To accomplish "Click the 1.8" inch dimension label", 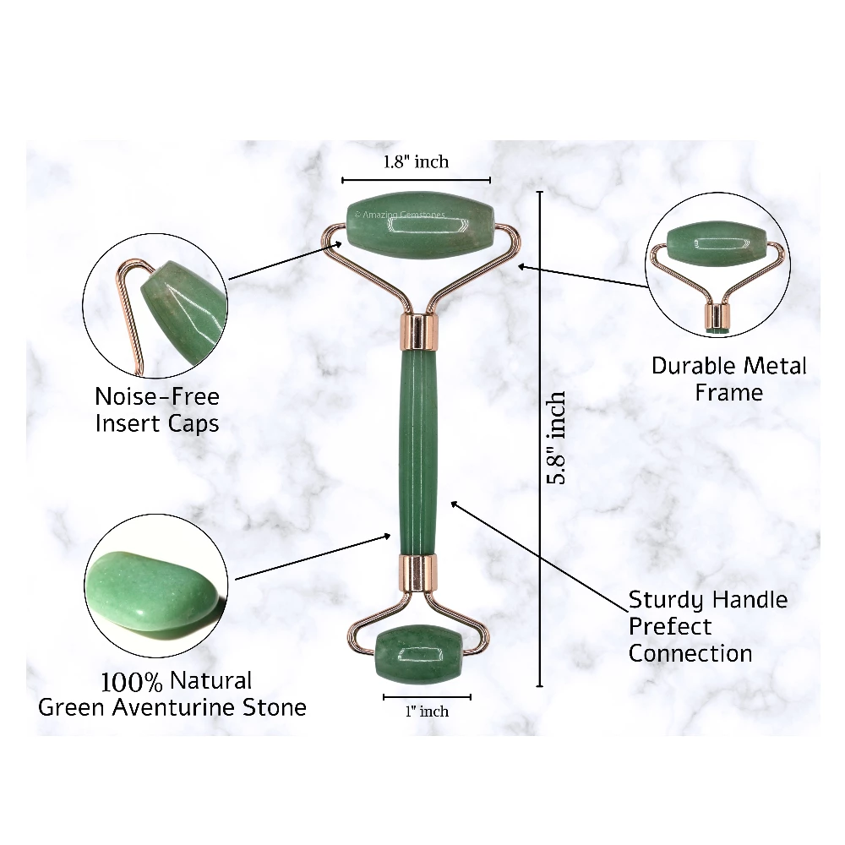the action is (416, 161).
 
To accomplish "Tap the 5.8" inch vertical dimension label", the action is (556, 438).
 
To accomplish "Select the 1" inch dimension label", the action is (427, 711).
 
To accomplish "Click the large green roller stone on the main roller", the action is (419, 225).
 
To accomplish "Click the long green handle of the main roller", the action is (418, 451).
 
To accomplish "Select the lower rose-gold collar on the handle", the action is (418, 573).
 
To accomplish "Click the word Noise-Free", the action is (157, 396).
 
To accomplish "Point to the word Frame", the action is (728, 392).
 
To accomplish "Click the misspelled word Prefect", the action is (670, 627).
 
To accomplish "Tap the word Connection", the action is (690, 654).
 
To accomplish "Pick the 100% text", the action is (132, 682).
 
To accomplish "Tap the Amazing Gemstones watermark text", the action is (400, 215).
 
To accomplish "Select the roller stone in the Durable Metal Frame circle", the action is (717, 244).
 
